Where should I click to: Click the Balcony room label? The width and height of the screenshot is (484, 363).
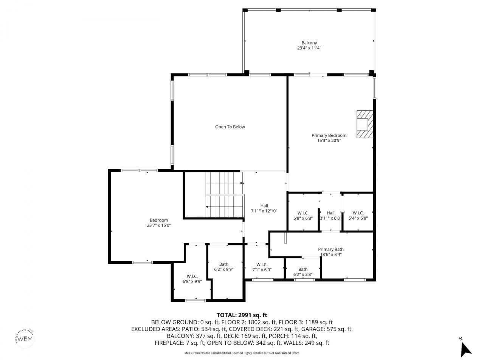pyautogui.click(x=309, y=43)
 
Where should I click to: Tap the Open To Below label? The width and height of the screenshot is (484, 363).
pyautogui.click(x=230, y=127)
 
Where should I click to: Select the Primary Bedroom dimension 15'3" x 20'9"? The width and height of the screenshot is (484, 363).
pyautogui.click(x=329, y=141)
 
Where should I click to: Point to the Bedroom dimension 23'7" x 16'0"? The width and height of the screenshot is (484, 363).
pyautogui.click(x=159, y=225)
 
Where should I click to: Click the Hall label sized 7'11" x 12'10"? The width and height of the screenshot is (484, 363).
pyautogui.click(x=264, y=206)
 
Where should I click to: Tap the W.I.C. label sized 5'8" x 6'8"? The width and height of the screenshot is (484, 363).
pyautogui.click(x=303, y=213)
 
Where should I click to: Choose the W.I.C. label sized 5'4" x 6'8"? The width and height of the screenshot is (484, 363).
pyautogui.click(x=358, y=213)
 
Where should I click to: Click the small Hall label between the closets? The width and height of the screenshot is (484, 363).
pyautogui.click(x=330, y=213)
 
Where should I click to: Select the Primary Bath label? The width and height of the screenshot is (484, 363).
pyautogui.click(x=330, y=249)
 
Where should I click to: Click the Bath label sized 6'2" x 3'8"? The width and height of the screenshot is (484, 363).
pyautogui.click(x=303, y=269)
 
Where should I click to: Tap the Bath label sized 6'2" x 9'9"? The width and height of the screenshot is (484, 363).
pyautogui.click(x=223, y=264)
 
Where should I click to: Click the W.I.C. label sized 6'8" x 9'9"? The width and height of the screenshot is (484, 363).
pyautogui.click(x=192, y=276)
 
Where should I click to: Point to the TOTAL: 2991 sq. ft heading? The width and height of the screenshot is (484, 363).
pyautogui.click(x=242, y=315)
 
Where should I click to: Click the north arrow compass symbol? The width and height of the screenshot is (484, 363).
pyautogui.click(x=466, y=349)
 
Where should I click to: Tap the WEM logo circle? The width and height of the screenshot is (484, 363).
pyautogui.click(x=25, y=338)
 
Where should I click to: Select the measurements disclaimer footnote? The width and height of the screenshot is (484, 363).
pyautogui.click(x=242, y=353)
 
